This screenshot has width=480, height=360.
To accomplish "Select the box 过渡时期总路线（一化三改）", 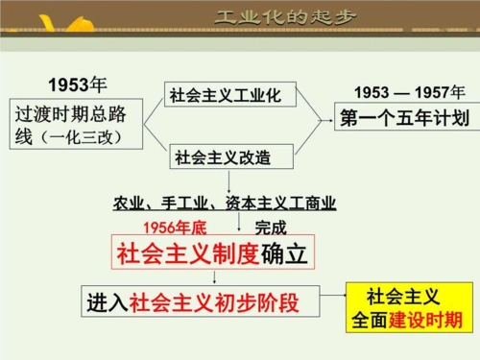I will tap(78, 125).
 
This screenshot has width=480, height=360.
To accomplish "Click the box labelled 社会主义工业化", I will tap(226, 95).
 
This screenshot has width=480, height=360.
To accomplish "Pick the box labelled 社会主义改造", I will tap(223, 156).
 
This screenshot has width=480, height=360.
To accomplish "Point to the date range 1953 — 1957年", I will tap(409, 92).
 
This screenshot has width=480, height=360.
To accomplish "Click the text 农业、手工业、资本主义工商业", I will tap(225, 203).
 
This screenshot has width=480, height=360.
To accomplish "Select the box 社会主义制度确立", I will tap(212, 253).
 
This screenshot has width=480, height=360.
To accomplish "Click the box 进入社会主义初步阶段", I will tap(193, 302).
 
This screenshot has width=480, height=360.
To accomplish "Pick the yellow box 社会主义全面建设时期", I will tap(405, 307).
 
